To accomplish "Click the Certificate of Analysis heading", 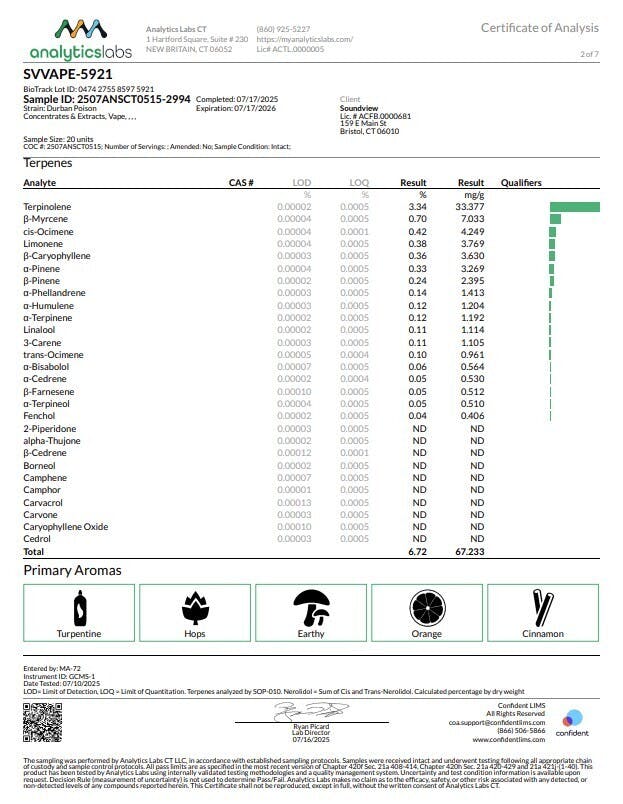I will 540,28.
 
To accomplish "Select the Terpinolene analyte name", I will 46,207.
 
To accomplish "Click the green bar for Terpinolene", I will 574,207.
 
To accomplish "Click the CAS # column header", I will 241,183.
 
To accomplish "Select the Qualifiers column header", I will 521,183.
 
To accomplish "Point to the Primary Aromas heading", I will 72,571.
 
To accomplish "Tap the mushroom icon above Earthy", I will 311,607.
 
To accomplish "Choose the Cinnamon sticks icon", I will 542,607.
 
